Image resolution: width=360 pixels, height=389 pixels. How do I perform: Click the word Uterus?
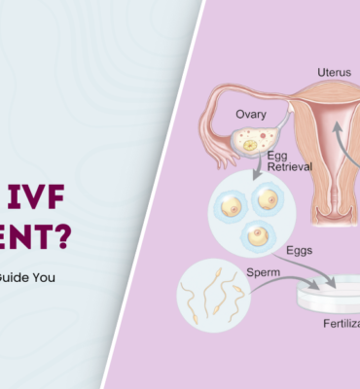click(335, 72)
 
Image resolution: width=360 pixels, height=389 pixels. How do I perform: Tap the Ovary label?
click(251, 114)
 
